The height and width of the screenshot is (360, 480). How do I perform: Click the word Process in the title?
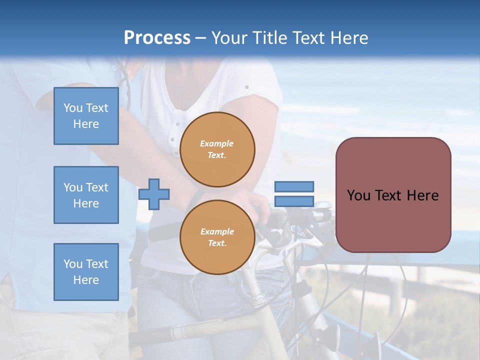click(x=157, y=38)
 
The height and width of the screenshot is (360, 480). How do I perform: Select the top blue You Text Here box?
click(x=86, y=116)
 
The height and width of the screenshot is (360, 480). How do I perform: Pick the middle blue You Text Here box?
click(x=86, y=195)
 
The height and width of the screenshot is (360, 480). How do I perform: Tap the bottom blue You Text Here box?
click(x=86, y=272)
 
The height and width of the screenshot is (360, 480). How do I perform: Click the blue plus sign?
click(x=154, y=194)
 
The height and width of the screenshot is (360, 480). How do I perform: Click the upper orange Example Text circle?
click(x=217, y=149)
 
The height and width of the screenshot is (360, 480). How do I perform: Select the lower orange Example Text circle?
click(x=217, y=237)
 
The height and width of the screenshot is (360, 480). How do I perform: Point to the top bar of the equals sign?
click(x=294, y=187)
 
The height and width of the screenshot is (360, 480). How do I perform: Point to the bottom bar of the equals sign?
click(x=294, y=201)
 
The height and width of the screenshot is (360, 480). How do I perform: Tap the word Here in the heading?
click(x=348, y=38)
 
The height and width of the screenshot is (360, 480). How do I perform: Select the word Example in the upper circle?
click(x=216, y=143)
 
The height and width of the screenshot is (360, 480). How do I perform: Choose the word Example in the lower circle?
click(x=217, y=231)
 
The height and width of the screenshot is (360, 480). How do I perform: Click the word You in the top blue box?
click(x=73, y=108)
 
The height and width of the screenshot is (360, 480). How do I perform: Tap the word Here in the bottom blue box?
click(x=86, y=280)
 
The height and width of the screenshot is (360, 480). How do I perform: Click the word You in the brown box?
click(x=358, y=195)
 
